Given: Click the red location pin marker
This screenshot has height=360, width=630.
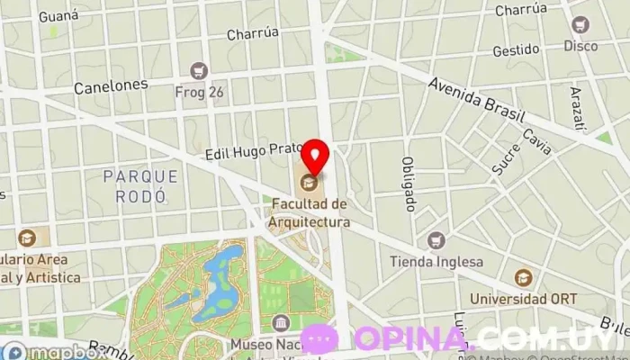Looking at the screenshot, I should [x=314, y=157].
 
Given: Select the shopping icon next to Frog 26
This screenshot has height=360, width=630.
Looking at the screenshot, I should [x=199, y=69].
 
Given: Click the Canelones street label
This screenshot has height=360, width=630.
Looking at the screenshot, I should [x=111, y=85].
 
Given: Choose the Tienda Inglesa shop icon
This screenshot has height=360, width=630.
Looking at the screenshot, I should [x=436, y=240].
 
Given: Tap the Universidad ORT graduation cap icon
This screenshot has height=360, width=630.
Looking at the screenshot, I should [x=523, y=278].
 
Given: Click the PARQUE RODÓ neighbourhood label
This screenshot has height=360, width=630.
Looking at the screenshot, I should [x=135, y=184].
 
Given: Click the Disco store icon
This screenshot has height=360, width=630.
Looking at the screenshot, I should [x=580, y=24].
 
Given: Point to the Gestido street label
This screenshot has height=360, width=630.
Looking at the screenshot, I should [x=516, y=50].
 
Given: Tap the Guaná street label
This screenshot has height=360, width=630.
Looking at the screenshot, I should [x=58, y=15].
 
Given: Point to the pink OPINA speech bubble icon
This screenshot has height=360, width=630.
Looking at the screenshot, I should [x=319, y=338].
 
